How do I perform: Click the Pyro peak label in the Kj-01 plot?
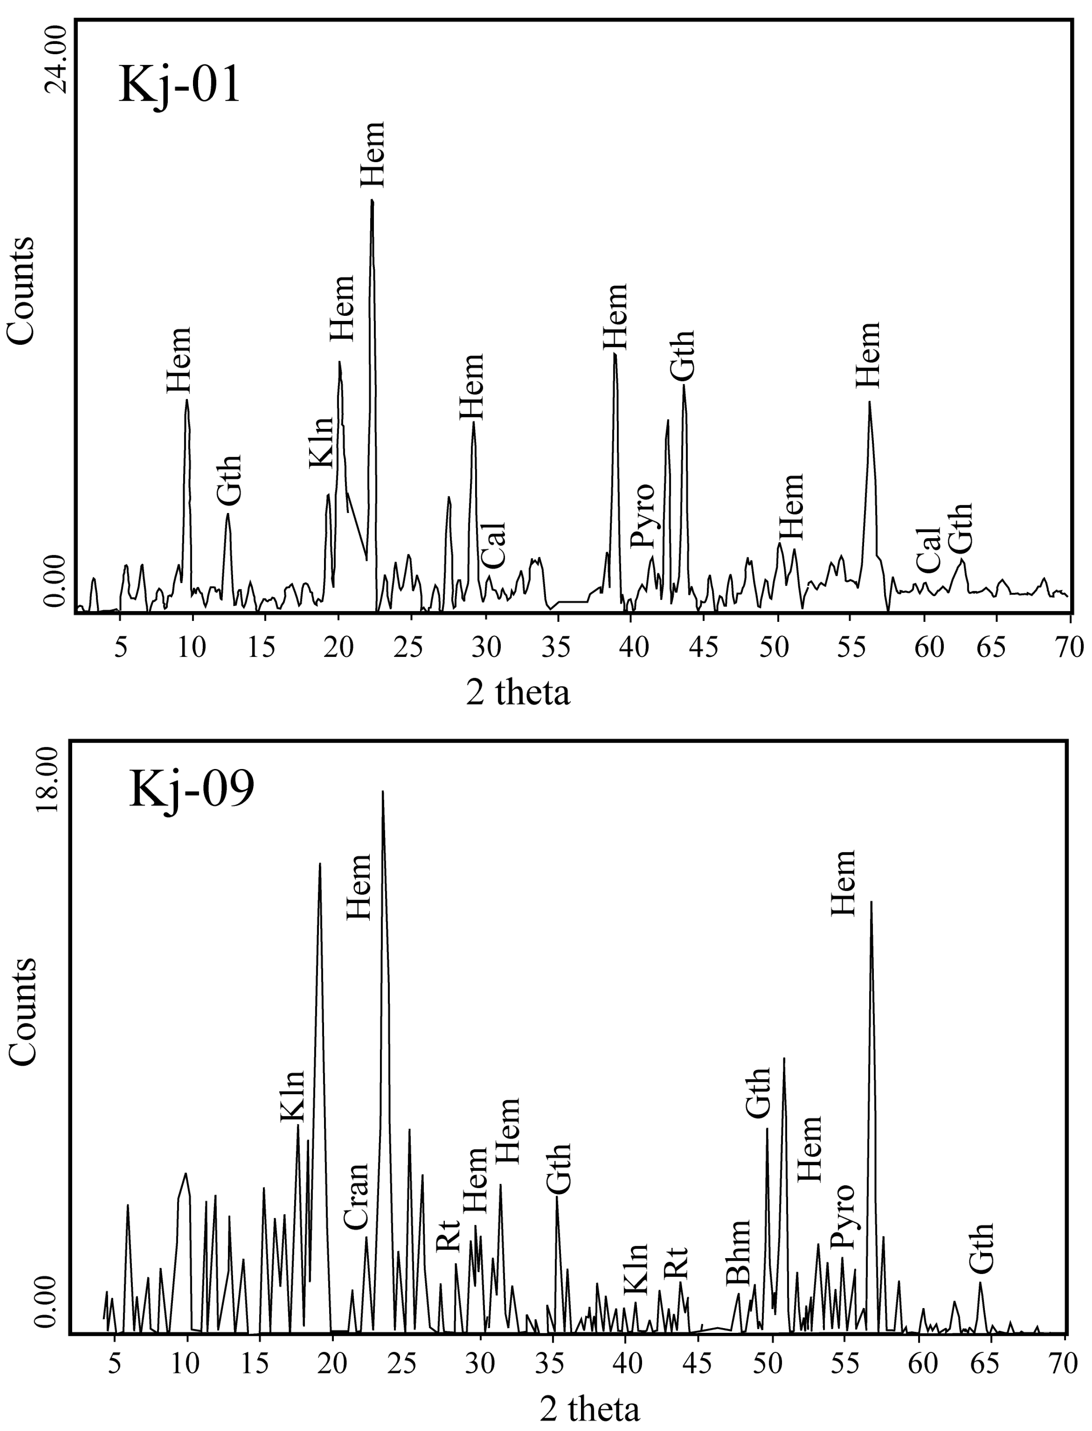pyautogui.click(x=643, y=516)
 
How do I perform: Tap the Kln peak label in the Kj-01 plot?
pyautogui.click(x=321, y=443)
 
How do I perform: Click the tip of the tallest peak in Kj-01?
pyautogui.click(x=372, y=201)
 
